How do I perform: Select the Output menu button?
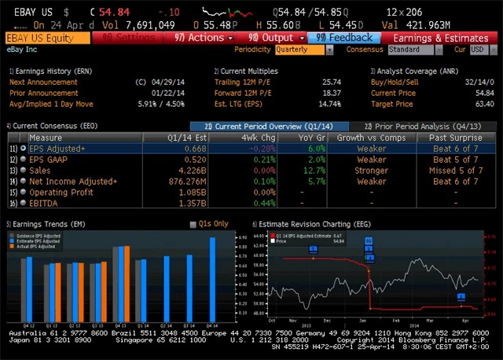pos(271,38)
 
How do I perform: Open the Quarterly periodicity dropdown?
pos(302,50)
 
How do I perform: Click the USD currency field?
pos(478,50)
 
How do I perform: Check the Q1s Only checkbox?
pos(193,224)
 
